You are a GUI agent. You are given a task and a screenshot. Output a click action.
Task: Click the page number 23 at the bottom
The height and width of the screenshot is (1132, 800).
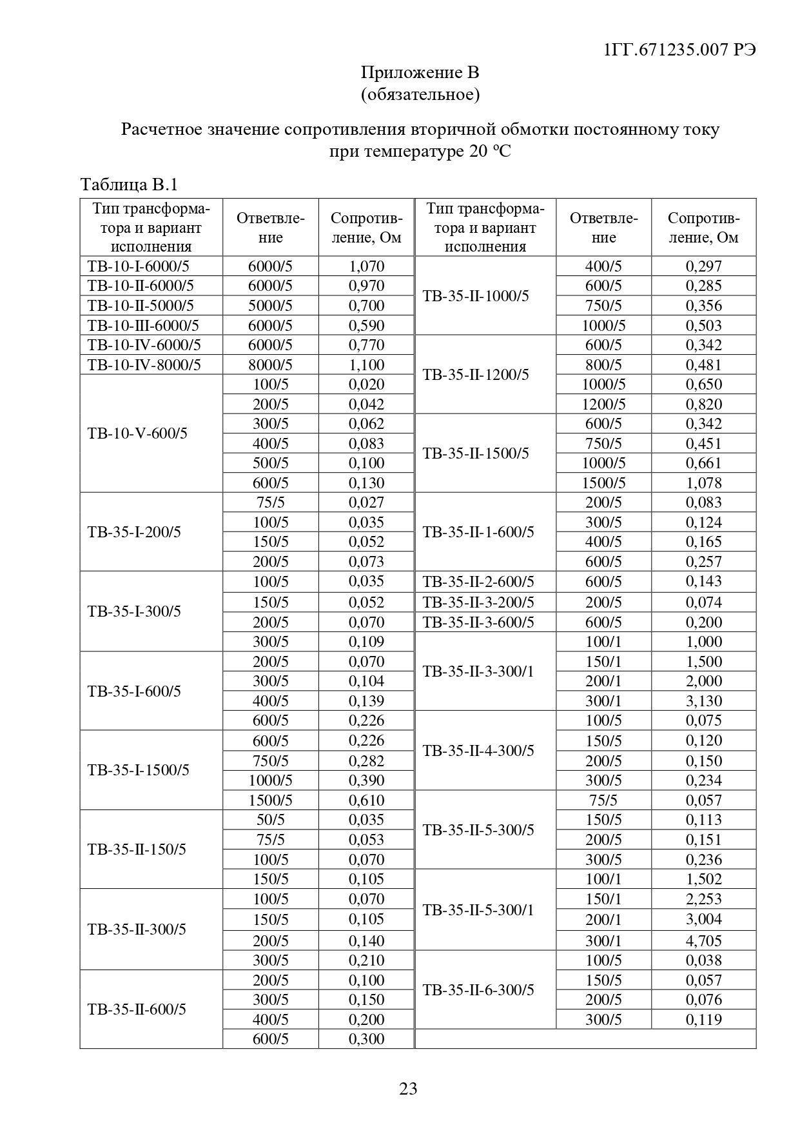coord(408,1089)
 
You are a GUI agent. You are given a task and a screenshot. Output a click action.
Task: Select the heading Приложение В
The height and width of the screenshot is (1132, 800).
coord(420,72)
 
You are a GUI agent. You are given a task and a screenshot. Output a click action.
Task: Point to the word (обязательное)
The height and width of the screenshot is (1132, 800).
coord(420,95)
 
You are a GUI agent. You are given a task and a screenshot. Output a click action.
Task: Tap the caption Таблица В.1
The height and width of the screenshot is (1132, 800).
coord(129,185)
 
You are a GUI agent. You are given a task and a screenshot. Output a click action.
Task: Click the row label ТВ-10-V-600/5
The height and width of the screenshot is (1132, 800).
coord(137,433)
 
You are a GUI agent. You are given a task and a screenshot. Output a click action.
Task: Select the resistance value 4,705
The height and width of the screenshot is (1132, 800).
coord(703,940)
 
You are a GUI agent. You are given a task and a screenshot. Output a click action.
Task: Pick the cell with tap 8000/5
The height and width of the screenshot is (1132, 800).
coord(270,365)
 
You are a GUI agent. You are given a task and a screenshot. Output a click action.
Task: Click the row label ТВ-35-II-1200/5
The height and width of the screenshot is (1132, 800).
coord(476,375)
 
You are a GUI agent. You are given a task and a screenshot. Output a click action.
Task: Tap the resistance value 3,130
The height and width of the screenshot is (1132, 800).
coord(703,701)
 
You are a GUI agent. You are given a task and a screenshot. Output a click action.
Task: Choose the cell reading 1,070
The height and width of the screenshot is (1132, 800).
coord(366,266)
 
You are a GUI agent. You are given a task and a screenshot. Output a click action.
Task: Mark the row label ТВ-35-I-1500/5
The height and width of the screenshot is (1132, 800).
coord(139,770)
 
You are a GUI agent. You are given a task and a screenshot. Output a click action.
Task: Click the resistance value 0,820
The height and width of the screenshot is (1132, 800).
coord(703,404)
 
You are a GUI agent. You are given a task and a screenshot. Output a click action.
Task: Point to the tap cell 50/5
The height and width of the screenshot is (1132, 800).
coord(270,820)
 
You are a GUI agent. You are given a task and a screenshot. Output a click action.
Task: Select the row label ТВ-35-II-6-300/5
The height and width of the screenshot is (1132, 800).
coord(478,990)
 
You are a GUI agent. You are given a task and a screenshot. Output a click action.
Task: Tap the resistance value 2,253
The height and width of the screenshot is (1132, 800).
coord(703,899)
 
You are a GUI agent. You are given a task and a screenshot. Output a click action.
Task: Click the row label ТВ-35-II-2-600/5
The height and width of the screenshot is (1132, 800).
coord(478,582)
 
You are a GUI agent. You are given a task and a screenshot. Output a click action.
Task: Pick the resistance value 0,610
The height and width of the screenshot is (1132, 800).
coord(366,800)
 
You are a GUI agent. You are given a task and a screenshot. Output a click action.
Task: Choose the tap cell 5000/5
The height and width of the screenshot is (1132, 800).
coord(270,306)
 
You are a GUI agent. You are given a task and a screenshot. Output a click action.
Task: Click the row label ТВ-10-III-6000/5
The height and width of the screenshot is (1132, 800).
coord(143,326)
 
